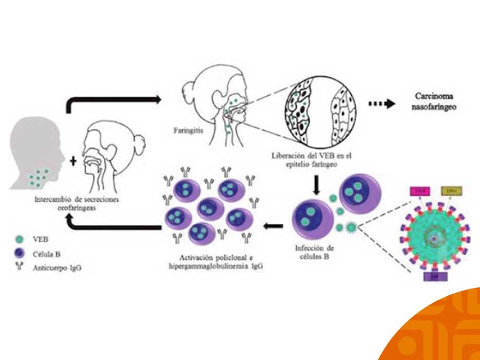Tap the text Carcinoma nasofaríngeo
[x=436, y=102]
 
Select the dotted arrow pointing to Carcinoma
[x=382, y=103]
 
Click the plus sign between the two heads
[x=73, y=161]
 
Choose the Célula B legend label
[x=45, y=253]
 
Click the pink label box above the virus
[x=417, y=192]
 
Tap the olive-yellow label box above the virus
[x=452, y=192]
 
